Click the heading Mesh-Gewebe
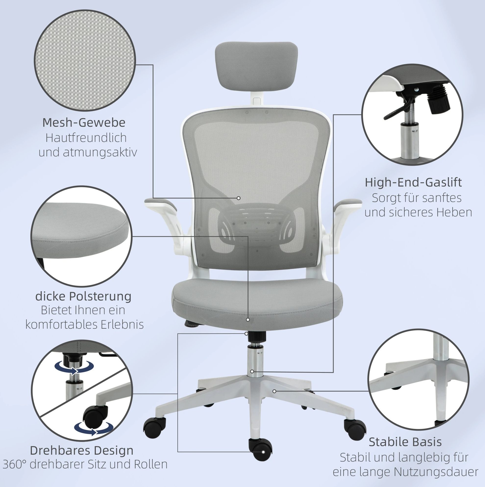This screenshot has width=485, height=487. (84, 123)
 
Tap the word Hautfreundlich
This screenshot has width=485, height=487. (86, 138)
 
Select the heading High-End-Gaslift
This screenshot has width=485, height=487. (413, 183)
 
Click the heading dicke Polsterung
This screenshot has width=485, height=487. (83, 296)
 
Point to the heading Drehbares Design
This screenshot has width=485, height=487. (82, 450)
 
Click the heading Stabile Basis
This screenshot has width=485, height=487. (405, 442)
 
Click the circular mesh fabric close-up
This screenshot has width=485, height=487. (85, 61)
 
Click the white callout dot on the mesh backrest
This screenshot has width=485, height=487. (238, 198)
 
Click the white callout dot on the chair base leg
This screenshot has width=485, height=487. (274, 391)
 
